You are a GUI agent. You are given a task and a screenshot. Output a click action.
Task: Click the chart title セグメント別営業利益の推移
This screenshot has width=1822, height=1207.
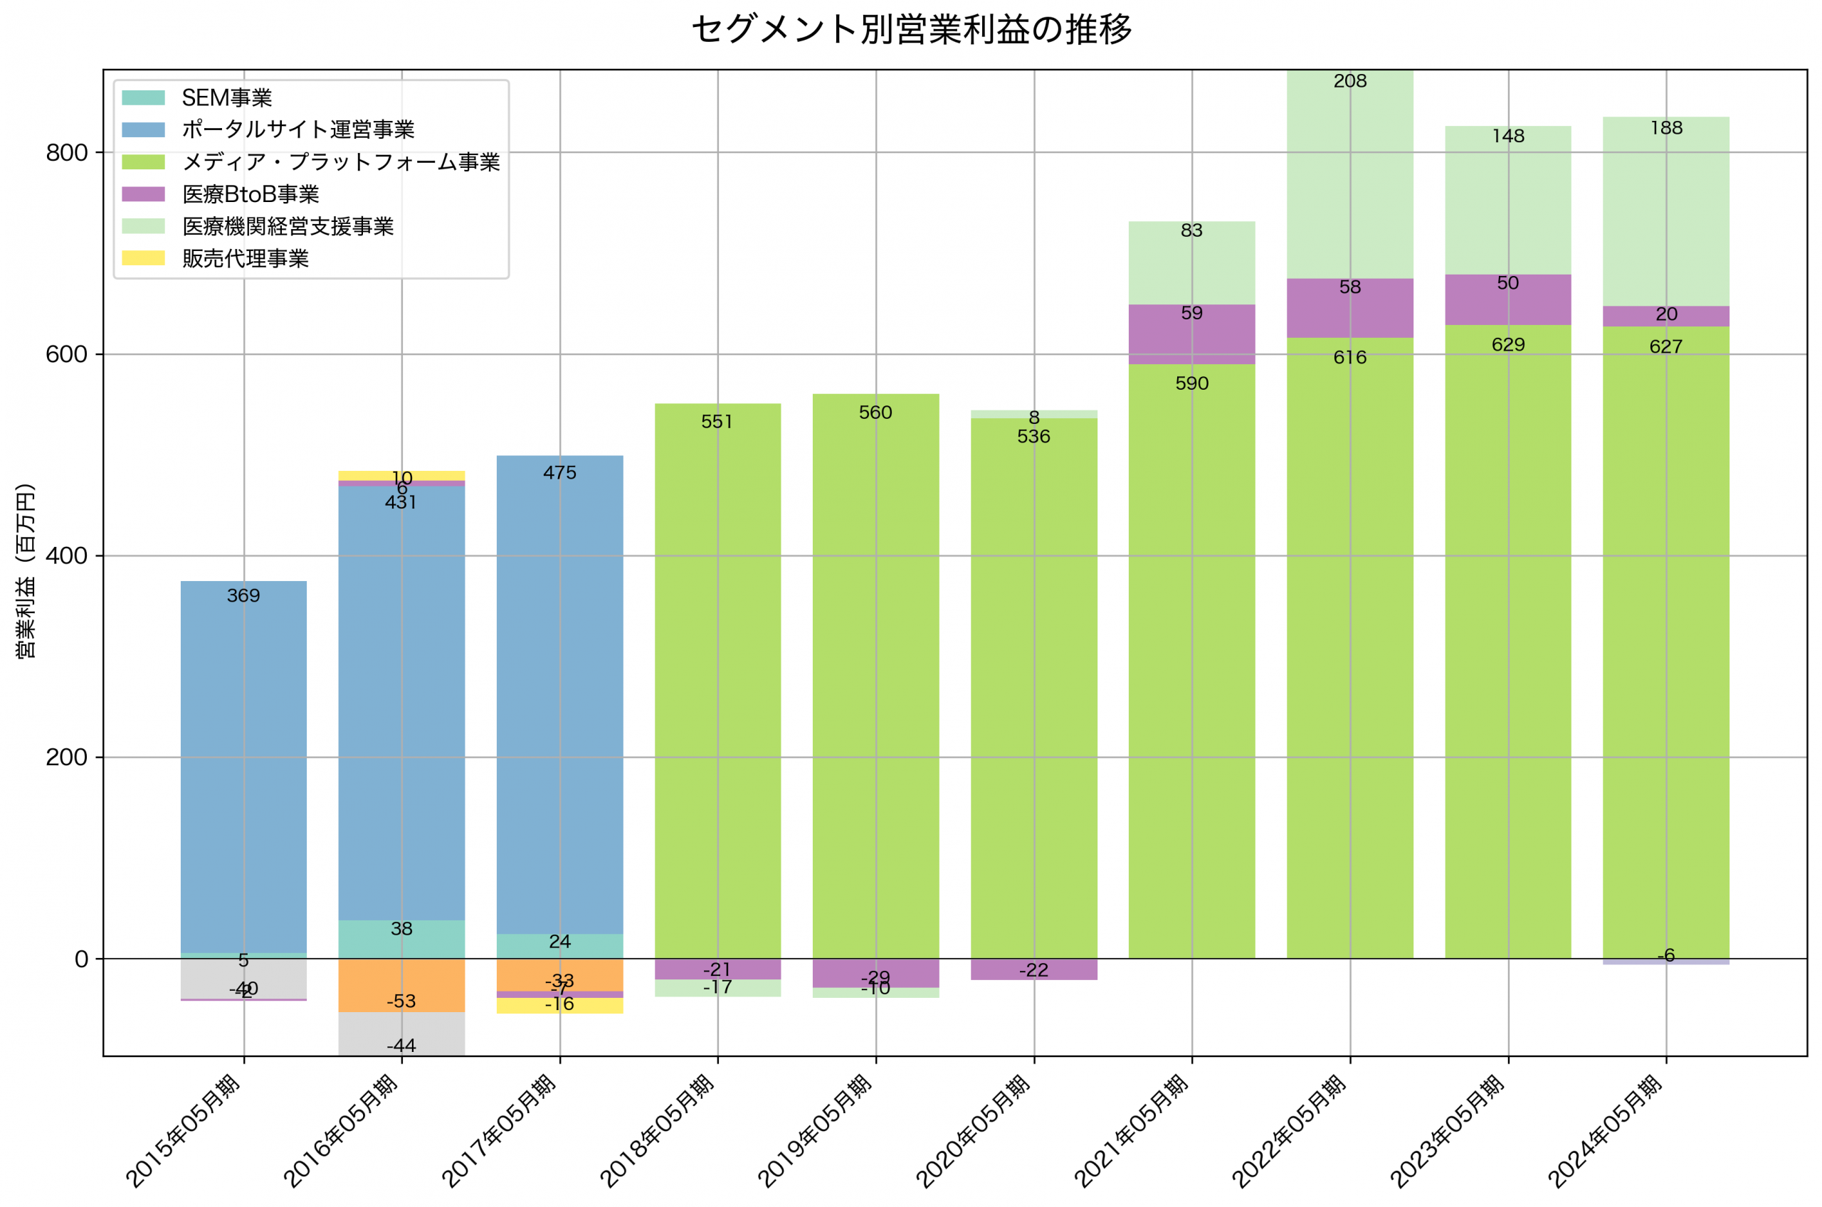coord(911,30)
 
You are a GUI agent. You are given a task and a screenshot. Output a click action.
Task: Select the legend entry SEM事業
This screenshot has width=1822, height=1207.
coord(226,97)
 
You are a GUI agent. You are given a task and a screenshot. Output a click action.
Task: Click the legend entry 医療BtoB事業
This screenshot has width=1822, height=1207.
coord(251,194)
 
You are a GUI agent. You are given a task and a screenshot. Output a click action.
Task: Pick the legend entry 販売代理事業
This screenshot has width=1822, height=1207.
coord(245,259)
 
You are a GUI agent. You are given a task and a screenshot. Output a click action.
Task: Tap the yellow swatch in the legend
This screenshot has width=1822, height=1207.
coord(143,258)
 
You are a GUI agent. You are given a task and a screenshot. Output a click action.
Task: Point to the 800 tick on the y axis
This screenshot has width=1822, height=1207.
coord(66,152)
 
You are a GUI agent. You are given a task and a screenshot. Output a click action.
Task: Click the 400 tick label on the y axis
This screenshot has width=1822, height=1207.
coord(66,555)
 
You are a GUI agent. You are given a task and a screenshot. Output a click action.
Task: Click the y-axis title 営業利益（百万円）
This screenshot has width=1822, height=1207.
coord(26,570)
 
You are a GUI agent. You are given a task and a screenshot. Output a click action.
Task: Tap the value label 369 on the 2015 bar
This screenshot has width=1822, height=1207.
coord(243,596)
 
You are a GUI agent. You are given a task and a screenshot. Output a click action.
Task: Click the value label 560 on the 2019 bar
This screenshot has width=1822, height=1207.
coord(875,413)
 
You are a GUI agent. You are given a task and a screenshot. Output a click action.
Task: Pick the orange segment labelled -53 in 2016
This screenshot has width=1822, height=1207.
coord(401,985)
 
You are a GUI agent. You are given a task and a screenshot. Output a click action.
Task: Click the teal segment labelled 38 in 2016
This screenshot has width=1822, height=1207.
coord(401,939)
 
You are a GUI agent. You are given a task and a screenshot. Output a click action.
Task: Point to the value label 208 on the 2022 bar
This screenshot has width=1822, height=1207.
coord(1350,81)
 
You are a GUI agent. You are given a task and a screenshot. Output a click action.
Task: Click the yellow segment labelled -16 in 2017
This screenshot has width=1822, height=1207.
coord(560,1005)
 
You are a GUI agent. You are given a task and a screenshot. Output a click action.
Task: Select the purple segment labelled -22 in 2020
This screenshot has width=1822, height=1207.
coord(1033,969)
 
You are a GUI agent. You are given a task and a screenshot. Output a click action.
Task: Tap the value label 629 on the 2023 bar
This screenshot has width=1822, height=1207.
coord(1508,345)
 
